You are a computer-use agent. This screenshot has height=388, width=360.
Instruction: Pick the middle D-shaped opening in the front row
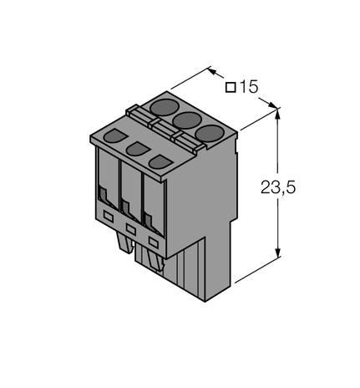tap(135, 148)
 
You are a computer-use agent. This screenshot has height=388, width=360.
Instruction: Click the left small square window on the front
tap(108, 216)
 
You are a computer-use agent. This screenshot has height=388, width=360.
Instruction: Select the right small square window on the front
tap(152, 241)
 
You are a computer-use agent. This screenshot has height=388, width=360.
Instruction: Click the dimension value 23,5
tap(278, 187)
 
